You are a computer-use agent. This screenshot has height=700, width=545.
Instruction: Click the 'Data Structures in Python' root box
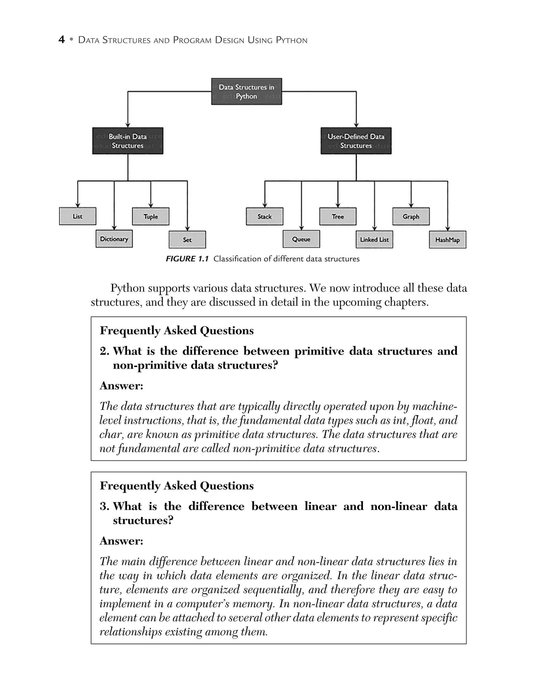246,91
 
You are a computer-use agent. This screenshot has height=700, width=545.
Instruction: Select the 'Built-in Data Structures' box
128,141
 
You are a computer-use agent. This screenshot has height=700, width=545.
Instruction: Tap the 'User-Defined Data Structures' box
356,141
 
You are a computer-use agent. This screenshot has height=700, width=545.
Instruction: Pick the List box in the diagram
78,216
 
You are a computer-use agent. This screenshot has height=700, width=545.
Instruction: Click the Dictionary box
114,239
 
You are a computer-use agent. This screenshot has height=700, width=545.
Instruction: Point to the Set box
187,240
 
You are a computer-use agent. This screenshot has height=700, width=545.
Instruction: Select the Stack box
265,216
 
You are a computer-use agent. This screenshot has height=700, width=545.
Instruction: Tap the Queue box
301,239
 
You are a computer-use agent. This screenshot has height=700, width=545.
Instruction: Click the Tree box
338,216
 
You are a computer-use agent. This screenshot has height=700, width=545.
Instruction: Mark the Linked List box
374,240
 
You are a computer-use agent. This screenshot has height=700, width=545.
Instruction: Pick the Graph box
411,216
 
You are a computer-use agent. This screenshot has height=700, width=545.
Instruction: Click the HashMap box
448,240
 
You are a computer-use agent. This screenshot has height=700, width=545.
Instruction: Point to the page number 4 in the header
61,40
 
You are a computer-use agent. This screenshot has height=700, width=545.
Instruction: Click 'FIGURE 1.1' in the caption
187,259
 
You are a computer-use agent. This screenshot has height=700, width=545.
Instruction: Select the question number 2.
104,351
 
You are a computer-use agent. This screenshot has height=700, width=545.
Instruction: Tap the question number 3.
104,506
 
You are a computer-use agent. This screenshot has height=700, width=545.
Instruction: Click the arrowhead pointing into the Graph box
411,206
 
